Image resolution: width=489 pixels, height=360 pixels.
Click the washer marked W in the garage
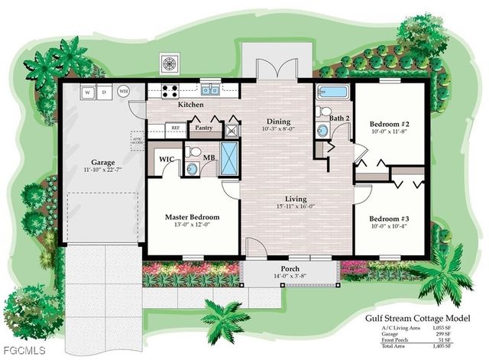pyautogui.click(x=88, y=92)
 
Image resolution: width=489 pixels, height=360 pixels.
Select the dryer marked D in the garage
pyautogui.click(x=105, y=92)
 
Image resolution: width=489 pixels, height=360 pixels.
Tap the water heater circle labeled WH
pyautogui.click(x=124, y=92)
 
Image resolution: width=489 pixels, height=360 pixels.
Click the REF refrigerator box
pyautogui.click(x=175, y=128)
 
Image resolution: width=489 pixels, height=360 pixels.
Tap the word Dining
pyautogui.click(x=277, y=121)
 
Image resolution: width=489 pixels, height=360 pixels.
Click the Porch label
pyautogui.click(x=290, y=268)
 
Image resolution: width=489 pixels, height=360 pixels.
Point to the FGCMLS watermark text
pyautogui.click(x=23, y=351)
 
